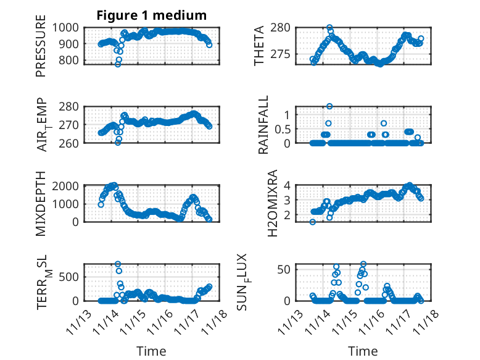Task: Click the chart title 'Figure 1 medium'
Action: click(x=151, y=15)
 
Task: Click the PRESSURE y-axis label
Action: click(x=41, y=50)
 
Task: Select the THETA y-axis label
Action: click(x=259, y=46)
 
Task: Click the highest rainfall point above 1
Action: click(x=329, y=106)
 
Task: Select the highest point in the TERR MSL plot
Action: click(x=118, y=264)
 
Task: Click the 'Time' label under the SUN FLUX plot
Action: click(x=362, y=351)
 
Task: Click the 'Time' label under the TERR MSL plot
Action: click(x=151, y=351)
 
